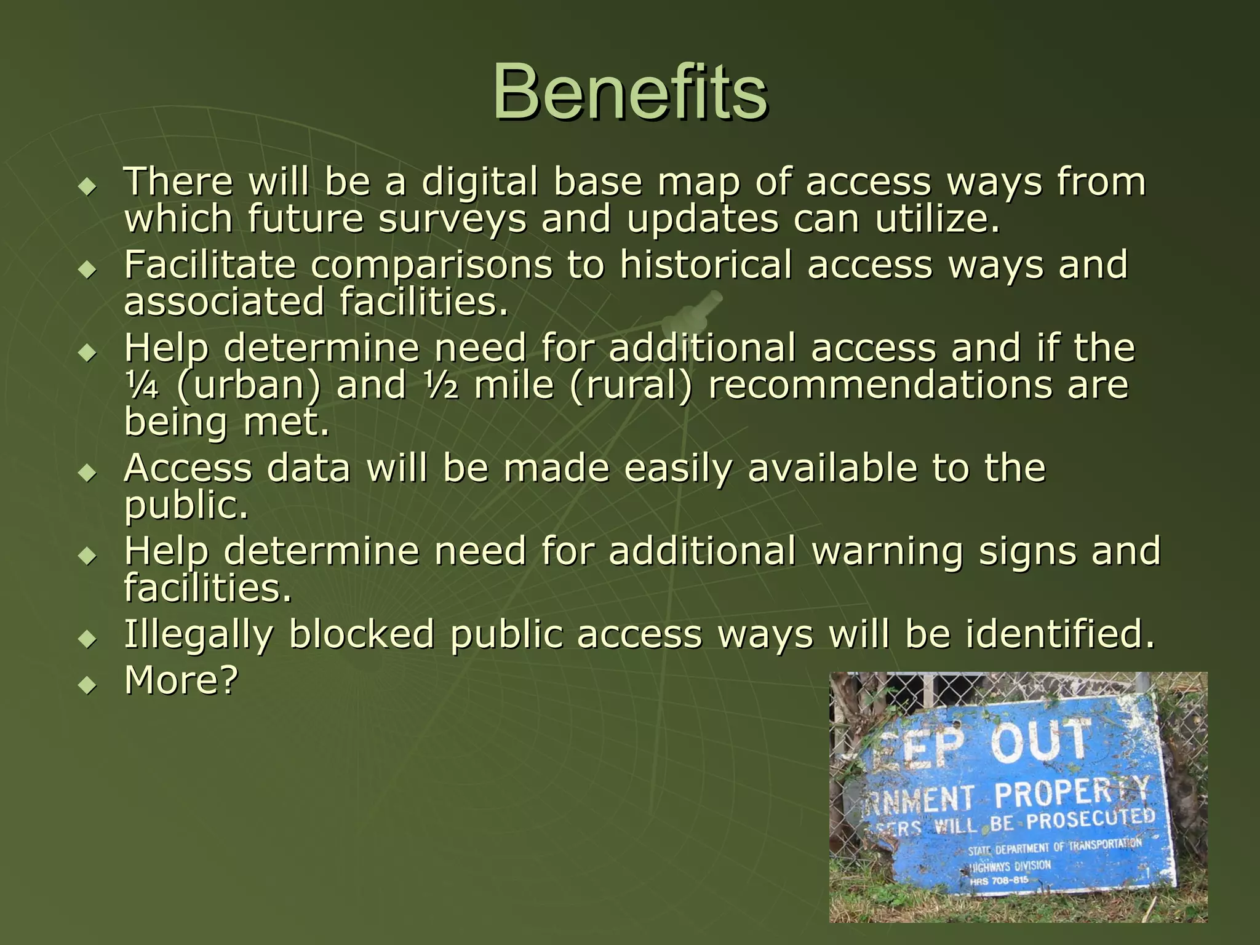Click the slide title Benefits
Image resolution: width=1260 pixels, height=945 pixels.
[629, 92]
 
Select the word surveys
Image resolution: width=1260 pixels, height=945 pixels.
[452, 220]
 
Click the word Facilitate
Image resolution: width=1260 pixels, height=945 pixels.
[210, 265]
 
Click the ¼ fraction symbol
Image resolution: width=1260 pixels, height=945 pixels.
[142, 386]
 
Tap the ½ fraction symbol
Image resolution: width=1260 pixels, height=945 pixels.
[441, 386]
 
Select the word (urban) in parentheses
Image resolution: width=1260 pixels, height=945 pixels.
[249, 386]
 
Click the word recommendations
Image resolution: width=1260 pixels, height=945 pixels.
[880, 386]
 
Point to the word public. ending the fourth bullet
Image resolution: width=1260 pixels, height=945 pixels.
[186, 506]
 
